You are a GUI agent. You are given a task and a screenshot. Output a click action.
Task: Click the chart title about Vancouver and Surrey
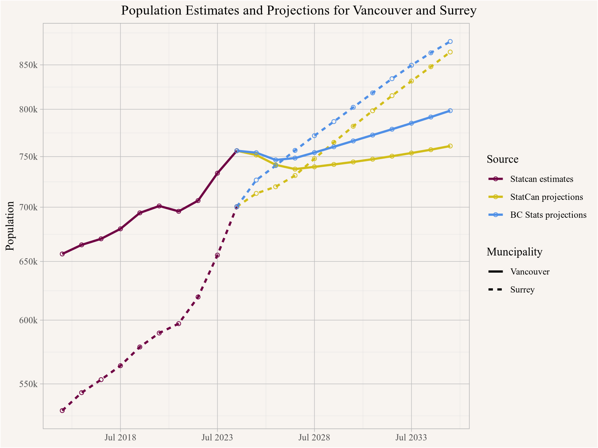pos(299,10)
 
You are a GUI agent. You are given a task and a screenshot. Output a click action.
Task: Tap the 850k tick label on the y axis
pos(28,65)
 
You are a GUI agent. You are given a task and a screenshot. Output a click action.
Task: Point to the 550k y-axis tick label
pos(28,384)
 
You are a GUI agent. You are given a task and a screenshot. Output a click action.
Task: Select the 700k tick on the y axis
pos(28,207)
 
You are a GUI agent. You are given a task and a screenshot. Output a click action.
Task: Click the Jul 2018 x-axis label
pos(120,437)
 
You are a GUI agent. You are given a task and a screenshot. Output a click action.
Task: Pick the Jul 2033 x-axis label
pos(411,437)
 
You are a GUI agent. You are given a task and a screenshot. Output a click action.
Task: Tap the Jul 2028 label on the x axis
pos(314,437)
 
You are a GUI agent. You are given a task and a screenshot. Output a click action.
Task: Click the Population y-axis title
pos(11,226)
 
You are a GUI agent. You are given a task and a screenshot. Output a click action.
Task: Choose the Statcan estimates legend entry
pos(542,179)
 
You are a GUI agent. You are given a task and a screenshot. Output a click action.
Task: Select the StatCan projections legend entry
pos(547,197)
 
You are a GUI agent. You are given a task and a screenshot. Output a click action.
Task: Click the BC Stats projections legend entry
pos(548,215)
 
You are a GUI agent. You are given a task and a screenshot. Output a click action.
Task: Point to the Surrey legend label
pos(522,290)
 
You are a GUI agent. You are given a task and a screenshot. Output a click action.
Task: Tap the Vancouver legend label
pos(530,272)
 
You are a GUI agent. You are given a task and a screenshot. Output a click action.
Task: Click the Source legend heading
pos(502,159)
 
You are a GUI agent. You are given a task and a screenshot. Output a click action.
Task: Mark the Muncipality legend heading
pos(514,252)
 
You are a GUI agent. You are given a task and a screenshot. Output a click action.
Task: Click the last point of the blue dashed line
pos(450,41)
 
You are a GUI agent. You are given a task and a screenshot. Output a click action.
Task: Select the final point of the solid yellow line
pos(450,146)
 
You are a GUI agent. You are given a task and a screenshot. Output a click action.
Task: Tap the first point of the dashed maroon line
pos(62,410)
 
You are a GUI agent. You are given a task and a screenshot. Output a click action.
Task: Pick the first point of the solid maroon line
pos(62,254)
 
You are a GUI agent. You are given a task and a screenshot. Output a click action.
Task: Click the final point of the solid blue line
pos(450,111)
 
